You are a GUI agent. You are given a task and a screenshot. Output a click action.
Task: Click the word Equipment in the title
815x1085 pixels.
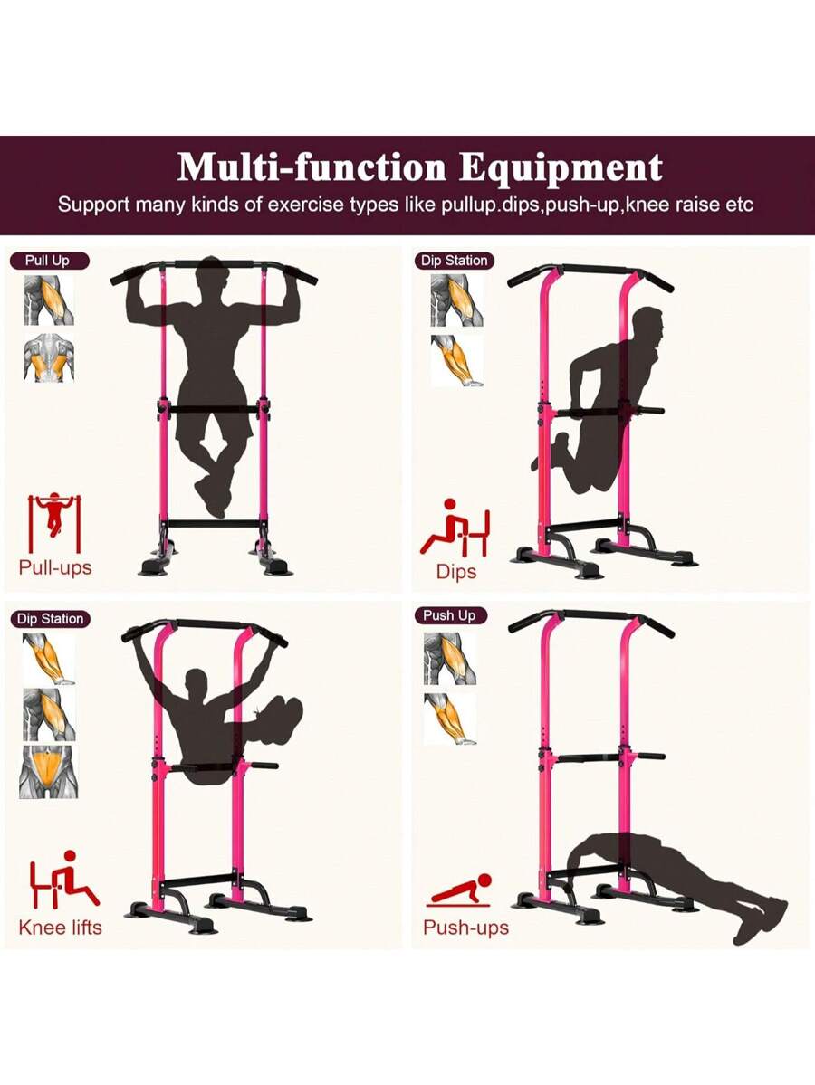[561, 167]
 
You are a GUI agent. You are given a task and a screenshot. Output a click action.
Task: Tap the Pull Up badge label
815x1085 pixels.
[49, 261]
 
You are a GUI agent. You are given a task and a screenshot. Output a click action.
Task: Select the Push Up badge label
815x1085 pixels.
[449, 615]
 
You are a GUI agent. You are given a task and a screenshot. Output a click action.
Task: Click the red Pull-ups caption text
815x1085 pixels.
[55, 568]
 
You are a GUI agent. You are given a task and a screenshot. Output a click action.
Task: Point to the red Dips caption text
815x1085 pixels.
[456, 572]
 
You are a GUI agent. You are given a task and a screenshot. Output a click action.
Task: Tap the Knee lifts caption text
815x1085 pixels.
[61, 928]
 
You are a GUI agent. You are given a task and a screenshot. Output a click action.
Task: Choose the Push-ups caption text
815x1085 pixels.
[466, 928]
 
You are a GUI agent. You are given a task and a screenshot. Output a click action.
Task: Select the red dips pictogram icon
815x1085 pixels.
[455, 529]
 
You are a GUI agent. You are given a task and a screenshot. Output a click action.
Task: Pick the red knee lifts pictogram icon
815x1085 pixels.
[63, 879]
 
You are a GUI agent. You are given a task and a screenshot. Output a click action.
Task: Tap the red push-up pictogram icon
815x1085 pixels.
[460, 891]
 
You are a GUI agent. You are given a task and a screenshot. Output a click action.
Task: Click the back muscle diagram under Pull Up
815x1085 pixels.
[49, 358]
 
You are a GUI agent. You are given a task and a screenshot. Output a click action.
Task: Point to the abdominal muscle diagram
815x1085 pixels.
[49, 772]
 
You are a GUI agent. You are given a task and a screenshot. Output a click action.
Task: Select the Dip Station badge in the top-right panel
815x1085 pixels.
[455, 261]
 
